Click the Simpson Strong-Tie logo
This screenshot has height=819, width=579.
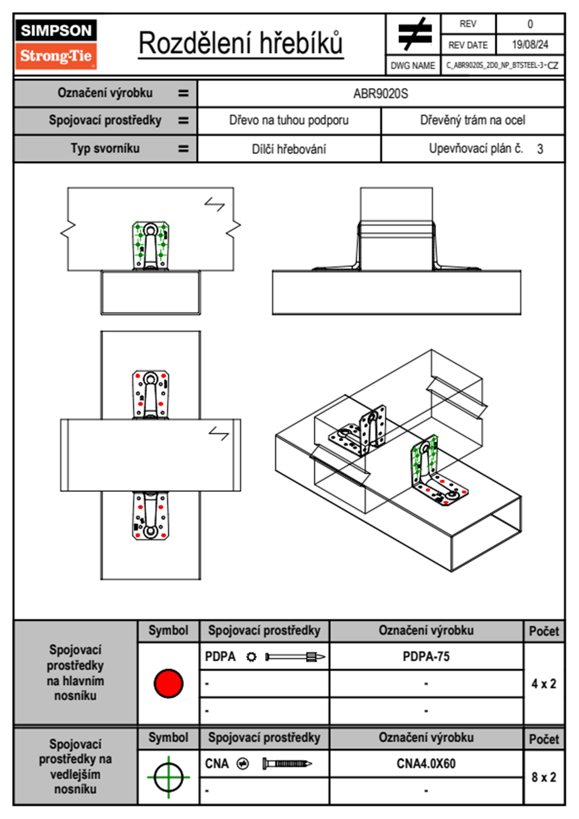click(x=56, y=44)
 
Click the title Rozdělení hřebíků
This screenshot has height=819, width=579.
click(x=241, y=43)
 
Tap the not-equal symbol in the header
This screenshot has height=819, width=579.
click(x=414, y=34)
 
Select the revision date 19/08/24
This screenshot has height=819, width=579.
click(x=530, y=45)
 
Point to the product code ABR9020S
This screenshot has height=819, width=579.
click(x=380, y=93)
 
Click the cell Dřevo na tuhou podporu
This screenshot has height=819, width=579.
click(x=289, y=120)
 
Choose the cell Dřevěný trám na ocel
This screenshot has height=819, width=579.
click(x=472, y=120)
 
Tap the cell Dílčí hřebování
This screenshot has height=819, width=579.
click(x=289, y=149)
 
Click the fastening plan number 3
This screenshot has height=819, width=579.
click(x=540, y=149)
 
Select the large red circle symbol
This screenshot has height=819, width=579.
click(x=168, y=683)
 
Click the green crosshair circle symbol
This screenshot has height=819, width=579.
click(x=168, y=777)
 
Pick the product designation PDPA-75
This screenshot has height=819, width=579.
click(x=426, y=656)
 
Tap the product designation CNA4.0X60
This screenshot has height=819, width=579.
click(x=426, y=763)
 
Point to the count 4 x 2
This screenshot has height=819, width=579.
click(x=543, y=684)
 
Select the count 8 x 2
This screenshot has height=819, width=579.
click(x=543, y=777)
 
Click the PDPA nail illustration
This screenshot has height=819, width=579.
click(x=295, y=657)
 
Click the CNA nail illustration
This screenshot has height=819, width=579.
click(x=287, y=763)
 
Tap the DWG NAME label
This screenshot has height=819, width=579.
click(x=413, y=66)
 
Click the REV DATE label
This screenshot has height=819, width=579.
click(x=468, y=45)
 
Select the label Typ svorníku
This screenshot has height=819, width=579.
click(x=105, y=149)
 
